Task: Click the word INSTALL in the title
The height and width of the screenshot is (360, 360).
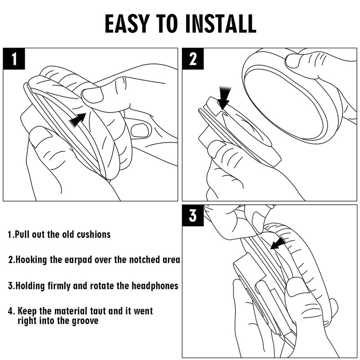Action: click(220, 24)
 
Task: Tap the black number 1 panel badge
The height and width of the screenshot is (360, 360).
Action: click(14, 59)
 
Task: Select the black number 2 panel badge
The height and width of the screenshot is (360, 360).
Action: click(193, 59)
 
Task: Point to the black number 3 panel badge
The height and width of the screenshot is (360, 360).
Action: click(193, 216)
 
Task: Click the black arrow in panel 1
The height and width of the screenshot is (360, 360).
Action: click(77, 120)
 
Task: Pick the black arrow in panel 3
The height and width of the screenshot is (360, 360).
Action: click(279, 243)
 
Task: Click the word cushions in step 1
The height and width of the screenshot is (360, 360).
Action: click(94, 234)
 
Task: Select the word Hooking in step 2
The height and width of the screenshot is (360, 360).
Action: click(31, 260)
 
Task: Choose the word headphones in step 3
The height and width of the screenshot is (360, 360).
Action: click(155, 286)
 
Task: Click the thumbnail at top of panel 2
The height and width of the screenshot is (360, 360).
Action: click(293, 61)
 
